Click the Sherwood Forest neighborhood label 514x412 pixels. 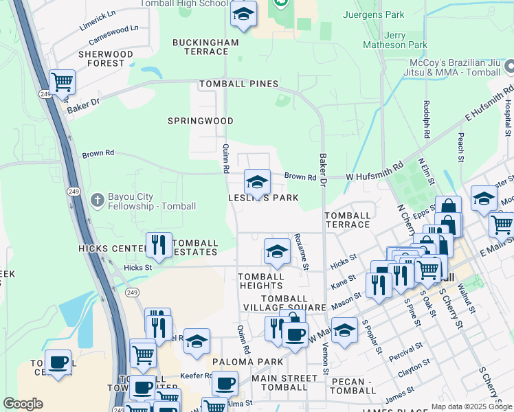105,58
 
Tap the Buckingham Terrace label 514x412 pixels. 205,47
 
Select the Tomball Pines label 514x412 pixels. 238,84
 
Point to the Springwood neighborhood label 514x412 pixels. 201,121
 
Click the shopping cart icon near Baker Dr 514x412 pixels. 62,82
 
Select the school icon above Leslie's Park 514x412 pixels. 257,182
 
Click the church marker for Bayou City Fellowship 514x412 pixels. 98,199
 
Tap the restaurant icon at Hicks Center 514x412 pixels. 159,244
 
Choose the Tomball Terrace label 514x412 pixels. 348,220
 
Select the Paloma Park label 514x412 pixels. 238,362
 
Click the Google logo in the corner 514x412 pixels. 23,404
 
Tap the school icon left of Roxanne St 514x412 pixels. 277,251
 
